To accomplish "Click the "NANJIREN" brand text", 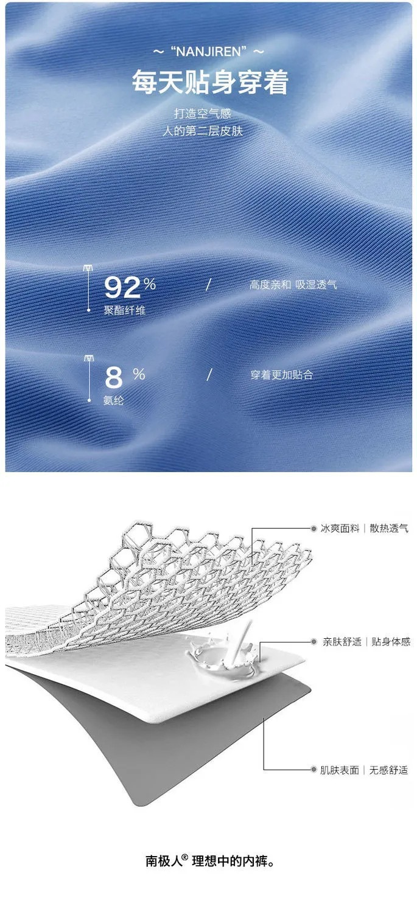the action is [209, 52].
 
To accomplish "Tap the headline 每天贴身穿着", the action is [210, 82].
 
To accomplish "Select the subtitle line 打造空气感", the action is [202, 113].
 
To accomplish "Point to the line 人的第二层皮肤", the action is [202, 131].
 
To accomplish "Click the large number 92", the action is [122, 287].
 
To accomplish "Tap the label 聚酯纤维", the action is [125, 311].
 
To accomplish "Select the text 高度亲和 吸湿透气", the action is [293, 285].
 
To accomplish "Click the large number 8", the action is [114, 377].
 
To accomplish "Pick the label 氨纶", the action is [114, 400].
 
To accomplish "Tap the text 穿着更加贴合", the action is [282, 375].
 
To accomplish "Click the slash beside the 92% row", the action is [208, 285].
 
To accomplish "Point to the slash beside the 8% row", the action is [209, 375].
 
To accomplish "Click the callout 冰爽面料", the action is [340, 529].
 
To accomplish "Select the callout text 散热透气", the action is [389, 529].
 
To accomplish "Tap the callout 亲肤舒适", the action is [342, 642].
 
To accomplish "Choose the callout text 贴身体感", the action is [391, 642].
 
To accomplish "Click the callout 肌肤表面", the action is [340, 770].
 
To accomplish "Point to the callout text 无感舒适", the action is [388, 770].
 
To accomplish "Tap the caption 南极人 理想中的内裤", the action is [210, 861].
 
